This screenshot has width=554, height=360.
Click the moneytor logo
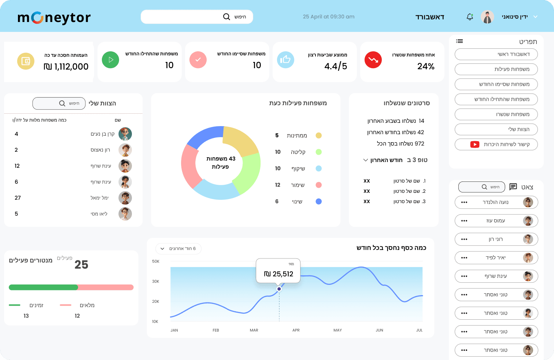point(54,17)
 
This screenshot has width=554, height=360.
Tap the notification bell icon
point(470,17)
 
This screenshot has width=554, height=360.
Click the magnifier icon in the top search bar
point(227,17)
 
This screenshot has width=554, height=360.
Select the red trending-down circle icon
point(373,60)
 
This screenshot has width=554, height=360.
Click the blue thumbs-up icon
point(285,60)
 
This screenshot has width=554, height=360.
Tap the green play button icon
point(110,60)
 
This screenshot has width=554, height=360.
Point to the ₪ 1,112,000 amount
point(66,67)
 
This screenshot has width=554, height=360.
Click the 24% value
point(426,66)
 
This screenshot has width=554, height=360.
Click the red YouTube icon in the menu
point(475,144)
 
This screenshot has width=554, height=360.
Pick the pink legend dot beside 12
point(319,185)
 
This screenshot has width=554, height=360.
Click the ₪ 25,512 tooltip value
point(278,274)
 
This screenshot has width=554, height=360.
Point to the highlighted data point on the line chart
point(279,289)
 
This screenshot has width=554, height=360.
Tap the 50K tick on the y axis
point(156,261)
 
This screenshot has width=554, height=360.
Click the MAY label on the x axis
point(337,330)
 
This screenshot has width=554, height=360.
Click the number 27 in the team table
point(18,198)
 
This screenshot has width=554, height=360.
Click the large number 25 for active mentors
point(81,265)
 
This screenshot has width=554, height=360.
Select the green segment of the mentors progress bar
point(43,287)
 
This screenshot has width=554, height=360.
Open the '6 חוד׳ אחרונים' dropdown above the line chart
point(178,249)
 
